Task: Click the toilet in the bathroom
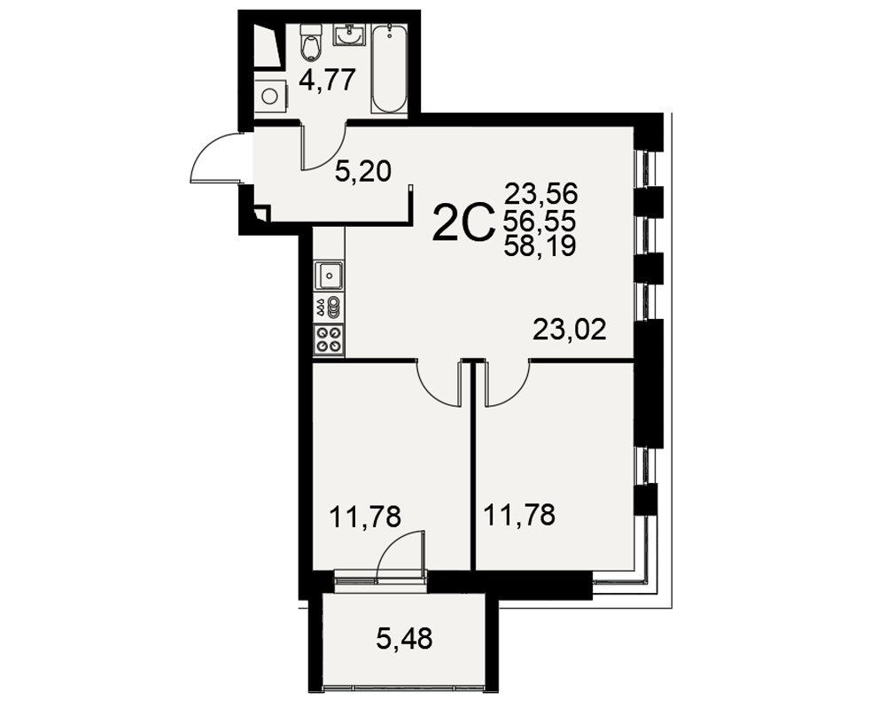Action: [310, 42]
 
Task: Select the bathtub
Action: [389, 67]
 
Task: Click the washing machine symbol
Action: [270, 96]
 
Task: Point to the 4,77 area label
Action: [327, 80]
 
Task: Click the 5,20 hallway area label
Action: [362, 171]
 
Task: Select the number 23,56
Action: [540, 194]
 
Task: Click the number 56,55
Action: [540, 220]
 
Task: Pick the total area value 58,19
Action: [540, 245]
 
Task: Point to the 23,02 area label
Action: [570, 330]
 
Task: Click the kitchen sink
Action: [329, 276]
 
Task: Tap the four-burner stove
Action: [329, 339]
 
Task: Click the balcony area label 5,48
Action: [405, 639]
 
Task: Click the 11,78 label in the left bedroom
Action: [365, 517]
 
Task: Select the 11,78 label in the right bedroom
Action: [519, 515]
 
